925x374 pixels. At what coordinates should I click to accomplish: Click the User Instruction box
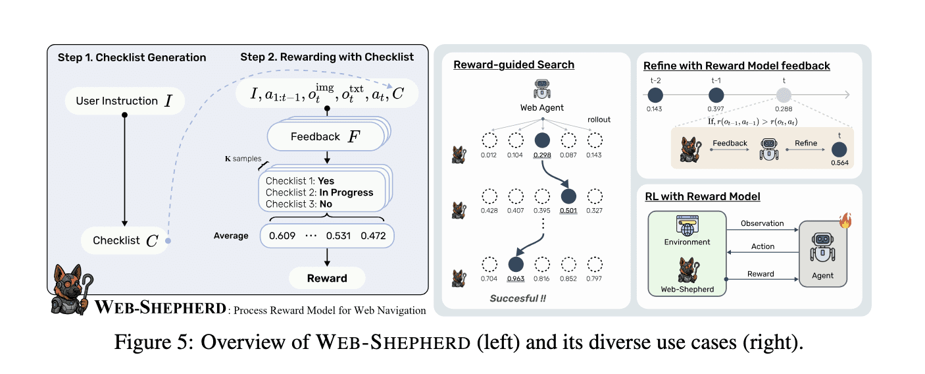click(125, 101)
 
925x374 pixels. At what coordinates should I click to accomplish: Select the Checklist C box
click(125, 240)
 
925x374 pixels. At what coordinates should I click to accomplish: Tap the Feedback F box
click(326, 136)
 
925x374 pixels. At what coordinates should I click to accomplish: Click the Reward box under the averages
click(327, 278)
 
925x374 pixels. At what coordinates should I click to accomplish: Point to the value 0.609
click(282, 236)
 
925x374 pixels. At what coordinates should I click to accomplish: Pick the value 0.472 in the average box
click(373, 236)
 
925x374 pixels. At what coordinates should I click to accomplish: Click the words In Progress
click(346, 192)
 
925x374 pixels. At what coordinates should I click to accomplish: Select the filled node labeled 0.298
click(542, 140)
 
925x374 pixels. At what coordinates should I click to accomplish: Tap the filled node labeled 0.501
click(568, 196)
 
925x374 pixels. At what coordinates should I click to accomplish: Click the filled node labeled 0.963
click(516, 265)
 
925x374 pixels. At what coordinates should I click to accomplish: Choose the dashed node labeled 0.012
click(489, 140)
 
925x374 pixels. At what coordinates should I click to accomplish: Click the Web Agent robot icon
click(542, 89)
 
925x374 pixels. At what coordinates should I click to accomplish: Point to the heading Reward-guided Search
click(514, 65)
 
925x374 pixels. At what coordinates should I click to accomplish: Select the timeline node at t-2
click(655, 95)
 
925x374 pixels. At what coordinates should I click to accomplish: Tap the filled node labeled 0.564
click(839, 149)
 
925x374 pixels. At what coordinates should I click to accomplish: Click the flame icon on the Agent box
click(845, 221)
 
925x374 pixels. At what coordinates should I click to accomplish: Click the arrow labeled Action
click(763, 252)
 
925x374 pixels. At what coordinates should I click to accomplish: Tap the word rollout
click(599, 120)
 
